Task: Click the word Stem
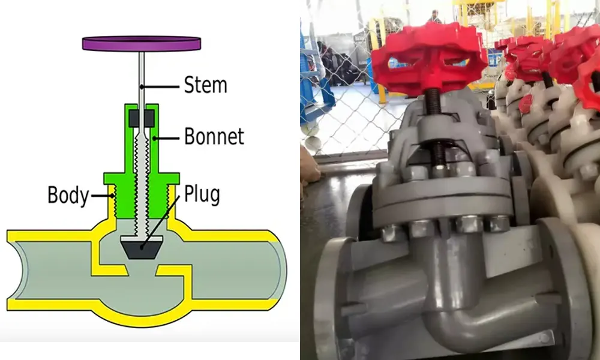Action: (x=205, y=85)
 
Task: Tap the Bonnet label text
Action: (x=214, y=136)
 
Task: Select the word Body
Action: (x=68, y=195)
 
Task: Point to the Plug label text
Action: (x=202, y=194)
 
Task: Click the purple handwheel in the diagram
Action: (x=142, y=43)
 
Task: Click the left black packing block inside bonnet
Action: (x=134, y=119)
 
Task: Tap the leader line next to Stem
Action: (x=160, y=87)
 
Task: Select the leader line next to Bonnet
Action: (x=166, y=138)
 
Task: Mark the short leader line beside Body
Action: (x=102, y=196)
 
